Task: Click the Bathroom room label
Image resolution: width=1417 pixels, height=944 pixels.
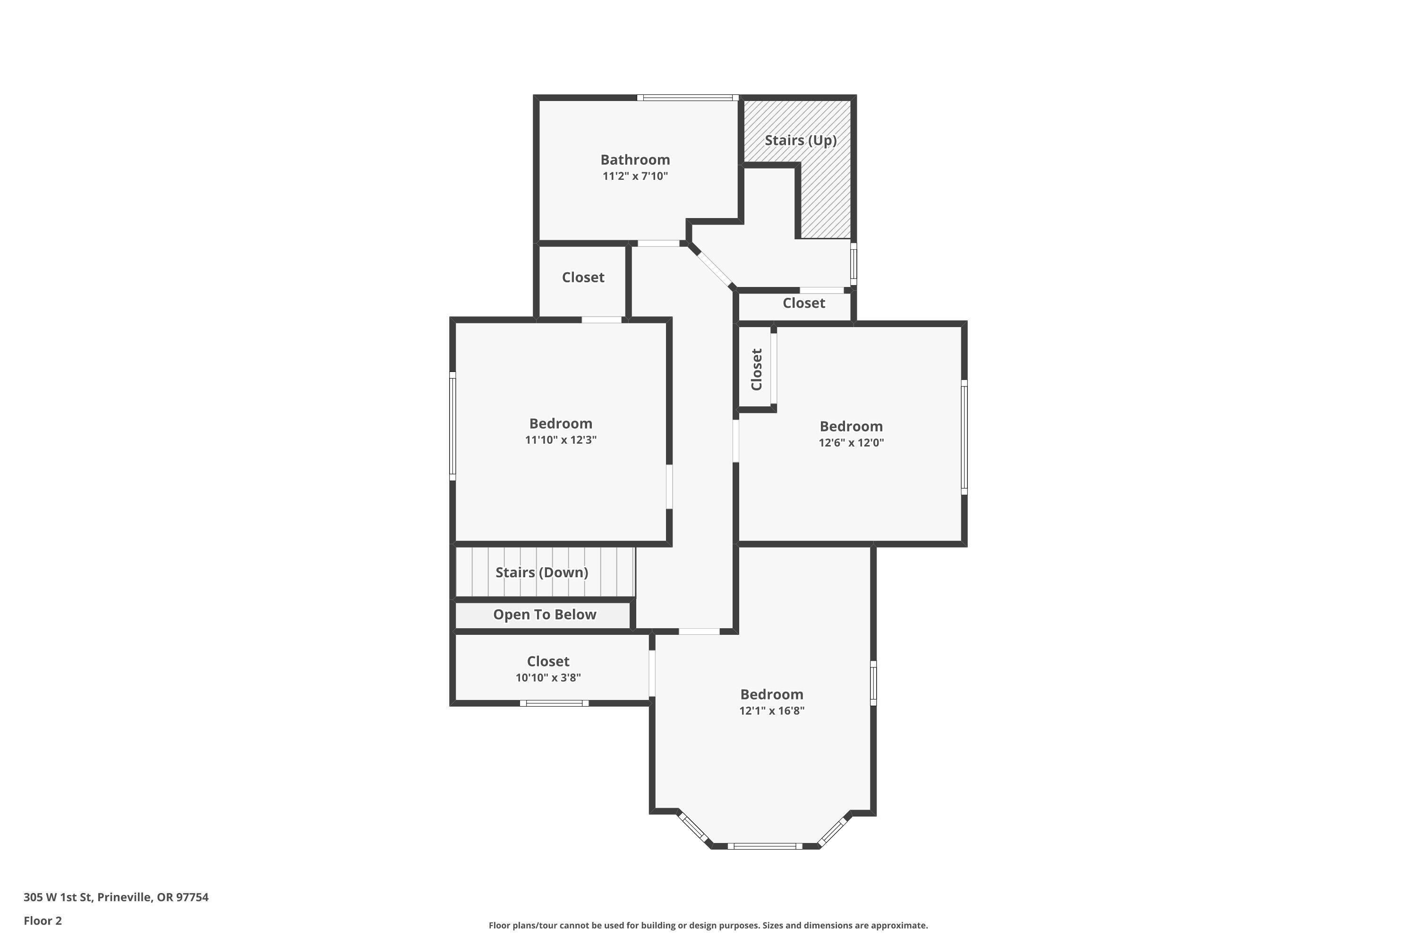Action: tap(635, 160)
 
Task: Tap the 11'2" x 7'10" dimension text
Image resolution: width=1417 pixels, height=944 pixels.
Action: tap(635, 176)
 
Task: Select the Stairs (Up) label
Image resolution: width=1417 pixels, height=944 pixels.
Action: tap(801, 140)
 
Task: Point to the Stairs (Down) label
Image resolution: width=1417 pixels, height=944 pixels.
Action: tap(542, 572)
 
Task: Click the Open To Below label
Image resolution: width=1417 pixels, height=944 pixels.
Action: tap(545, 614)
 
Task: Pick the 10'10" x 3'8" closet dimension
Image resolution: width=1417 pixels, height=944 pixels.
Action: tap(547, 677)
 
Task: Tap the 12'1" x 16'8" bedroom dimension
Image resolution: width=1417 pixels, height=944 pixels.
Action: tap(772, 710)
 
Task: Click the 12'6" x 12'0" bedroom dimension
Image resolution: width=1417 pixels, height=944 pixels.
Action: tap(851, 443)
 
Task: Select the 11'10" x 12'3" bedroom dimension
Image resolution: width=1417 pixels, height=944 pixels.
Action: tap(560, 439)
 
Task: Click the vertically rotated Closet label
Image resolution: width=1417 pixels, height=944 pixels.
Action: tap(757, 369)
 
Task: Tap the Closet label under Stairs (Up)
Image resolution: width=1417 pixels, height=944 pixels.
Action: tap(804, 303)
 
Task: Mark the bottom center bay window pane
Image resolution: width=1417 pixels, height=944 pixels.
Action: tap(765, 846)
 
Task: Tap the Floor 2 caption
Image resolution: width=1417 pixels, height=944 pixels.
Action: tap(43, 920)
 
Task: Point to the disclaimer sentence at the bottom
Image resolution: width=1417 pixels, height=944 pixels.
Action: tap(708, 925)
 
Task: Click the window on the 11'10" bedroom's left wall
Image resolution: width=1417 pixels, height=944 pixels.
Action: tap(452, 426)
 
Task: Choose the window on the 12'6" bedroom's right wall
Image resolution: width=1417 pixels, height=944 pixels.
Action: tap(964, 437)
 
